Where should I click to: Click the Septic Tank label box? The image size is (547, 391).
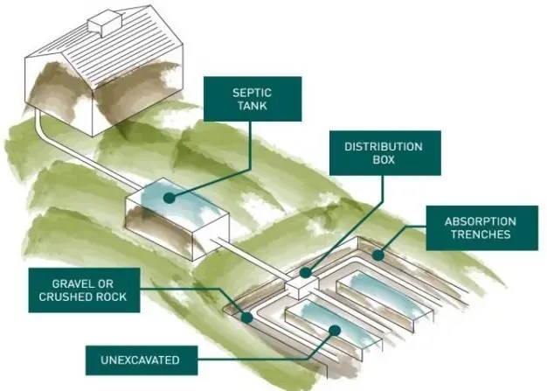click(x=252, y=98)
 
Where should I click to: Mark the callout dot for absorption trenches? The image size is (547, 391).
click(x=377, y=255)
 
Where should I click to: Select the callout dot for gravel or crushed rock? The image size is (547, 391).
click(x=248, y=318)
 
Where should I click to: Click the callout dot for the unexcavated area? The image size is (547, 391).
click(x=335, y=329)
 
